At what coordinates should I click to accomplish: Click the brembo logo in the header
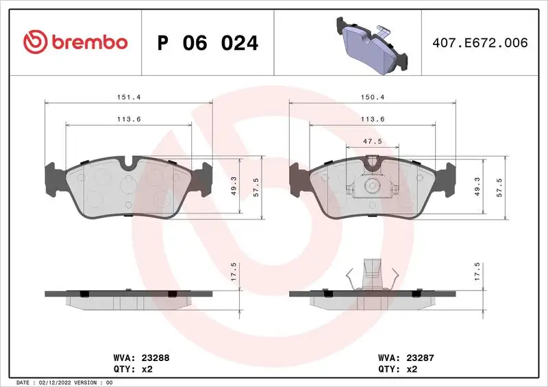[75, 42]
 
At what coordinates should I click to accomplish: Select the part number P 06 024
[208, 43]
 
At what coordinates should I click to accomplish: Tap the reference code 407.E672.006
[479, 42]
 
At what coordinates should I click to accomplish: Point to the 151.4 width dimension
[129, 97]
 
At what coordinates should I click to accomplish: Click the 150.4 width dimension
[373, 97]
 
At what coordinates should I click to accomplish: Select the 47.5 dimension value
[373, 142]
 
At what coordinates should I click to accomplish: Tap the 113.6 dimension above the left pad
[129, 119]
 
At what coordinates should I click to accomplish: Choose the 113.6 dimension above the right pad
[373, 119]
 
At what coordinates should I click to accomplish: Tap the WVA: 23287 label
[406, 356]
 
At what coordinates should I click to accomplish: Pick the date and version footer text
[64, 382]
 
